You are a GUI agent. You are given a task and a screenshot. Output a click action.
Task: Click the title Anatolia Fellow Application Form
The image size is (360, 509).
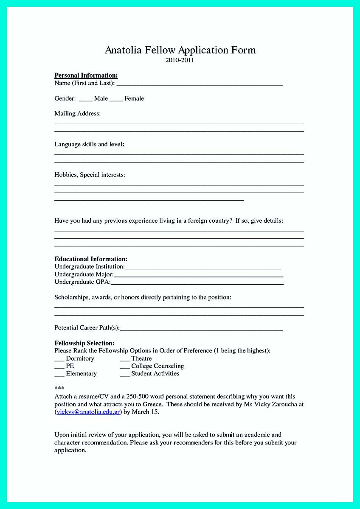pyautogui.click(x=180, y=50)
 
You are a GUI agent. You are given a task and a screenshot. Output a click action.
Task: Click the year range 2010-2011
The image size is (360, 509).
pyautogui.click(x=180, y=60)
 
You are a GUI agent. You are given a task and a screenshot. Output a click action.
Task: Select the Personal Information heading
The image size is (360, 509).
pyautogui.click(x=86, y=76)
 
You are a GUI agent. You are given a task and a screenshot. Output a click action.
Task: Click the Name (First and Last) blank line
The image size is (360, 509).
pyautogui.click(x=200, y=84)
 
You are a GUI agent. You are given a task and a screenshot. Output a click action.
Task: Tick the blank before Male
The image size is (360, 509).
pyautogui.click(x=86, y=99)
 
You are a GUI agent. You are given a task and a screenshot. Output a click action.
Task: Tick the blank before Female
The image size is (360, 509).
pyautogui.click(x=116, y=99)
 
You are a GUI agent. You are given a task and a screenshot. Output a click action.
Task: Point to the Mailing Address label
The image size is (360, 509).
pyautogui.click(x=77, y=114)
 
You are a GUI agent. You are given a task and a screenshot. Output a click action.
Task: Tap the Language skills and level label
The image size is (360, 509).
pyautogui.click(x=89, y=144)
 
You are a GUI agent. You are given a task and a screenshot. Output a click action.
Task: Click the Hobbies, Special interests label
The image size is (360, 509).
pyautogui.click(x=90, y=175)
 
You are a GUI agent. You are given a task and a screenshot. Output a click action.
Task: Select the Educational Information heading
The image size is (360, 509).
pyautogui.click(x=91, y=259)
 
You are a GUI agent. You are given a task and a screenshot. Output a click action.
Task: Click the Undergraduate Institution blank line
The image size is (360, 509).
pyautogui.click(x=203, y=267)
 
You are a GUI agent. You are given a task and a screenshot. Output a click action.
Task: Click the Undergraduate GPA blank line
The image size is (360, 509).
pyautogui.click(x=197, y=282)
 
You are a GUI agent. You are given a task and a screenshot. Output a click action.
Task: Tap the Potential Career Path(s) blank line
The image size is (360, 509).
pyautogui.click(x=201, y=328)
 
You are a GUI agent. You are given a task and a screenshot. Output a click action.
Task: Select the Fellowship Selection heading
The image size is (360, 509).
pyautogui.click(x=84, y=343)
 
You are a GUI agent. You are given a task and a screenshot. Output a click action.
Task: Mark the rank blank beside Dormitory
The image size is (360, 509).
pyautogui.click(x=59, y=359)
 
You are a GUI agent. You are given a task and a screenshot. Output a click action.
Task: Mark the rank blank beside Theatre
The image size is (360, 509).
pyautogui.click(x=124, y=359)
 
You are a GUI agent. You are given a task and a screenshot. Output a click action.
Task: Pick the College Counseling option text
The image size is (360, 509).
pyautogui.click(x=157, y=366)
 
